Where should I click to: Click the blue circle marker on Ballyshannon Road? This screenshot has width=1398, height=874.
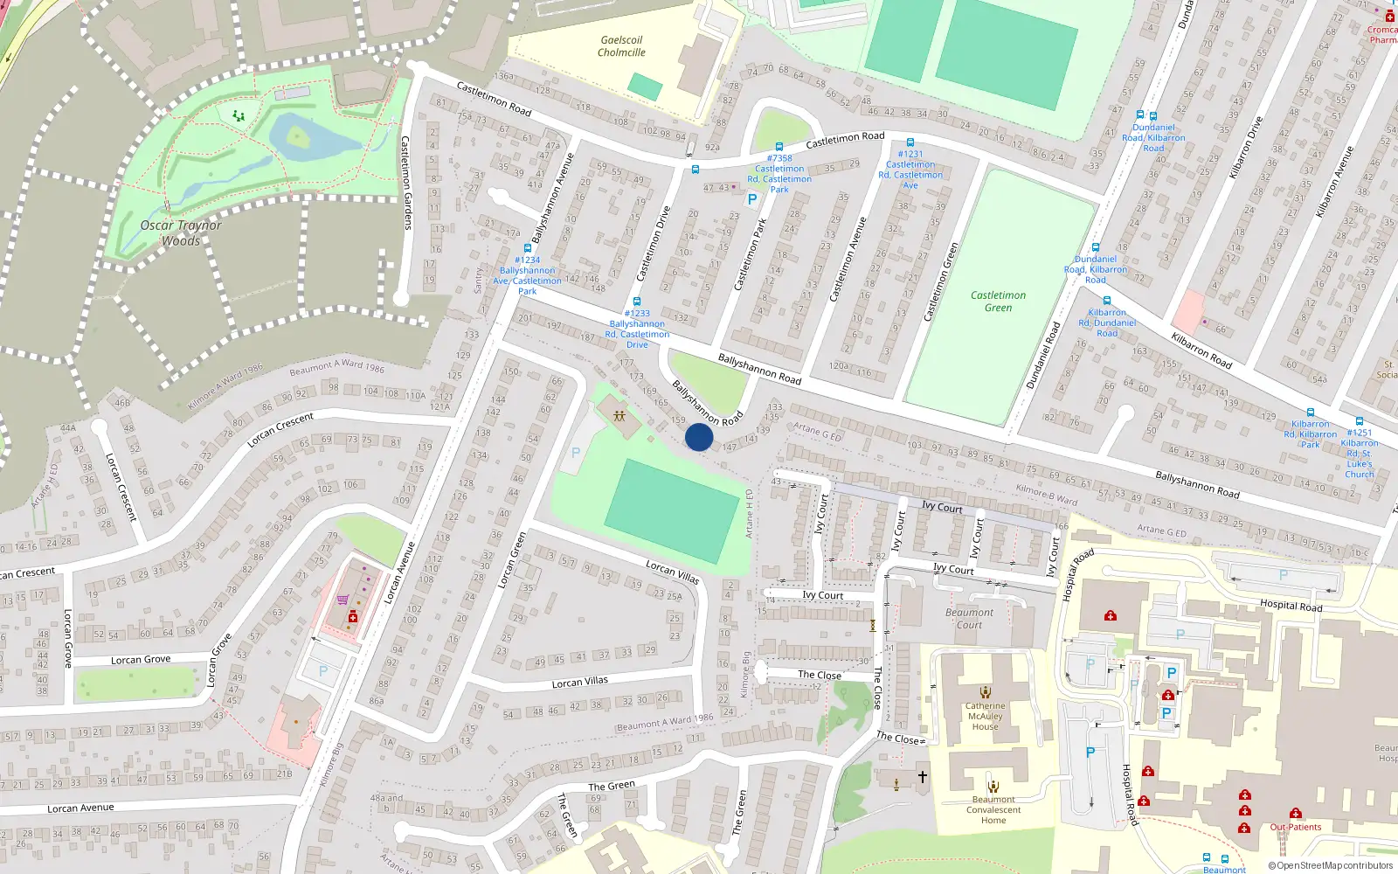(x=699, y=437)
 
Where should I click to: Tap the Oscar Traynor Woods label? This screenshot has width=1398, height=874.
(x=181, y=232)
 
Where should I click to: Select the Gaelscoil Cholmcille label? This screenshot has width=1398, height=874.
(x=621, y=46)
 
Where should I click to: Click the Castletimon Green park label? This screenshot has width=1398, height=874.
(x=998, y=301)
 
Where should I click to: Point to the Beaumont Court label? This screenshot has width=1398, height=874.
(x=969, y=618)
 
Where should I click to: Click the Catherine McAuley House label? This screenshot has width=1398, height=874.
(x=985, y=716)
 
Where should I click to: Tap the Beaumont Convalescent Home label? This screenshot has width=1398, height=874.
(x=993, y=809)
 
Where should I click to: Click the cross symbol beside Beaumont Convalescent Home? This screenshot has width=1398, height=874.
(x=922, y=776)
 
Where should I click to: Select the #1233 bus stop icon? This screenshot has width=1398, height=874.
(x=637, y=302)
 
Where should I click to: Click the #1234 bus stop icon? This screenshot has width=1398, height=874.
(x=528, y=248)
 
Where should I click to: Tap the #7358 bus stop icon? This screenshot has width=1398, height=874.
(x=779, y=147)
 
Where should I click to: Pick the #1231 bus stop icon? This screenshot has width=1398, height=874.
(x=910, y=142)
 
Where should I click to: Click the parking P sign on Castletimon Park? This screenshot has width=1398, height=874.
(x=752, y=199)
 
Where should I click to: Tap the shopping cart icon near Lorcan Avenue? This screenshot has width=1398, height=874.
(x=343, y=600)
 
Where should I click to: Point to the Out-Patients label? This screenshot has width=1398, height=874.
(x=1296, y=827)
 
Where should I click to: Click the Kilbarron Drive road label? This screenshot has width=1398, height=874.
(x=1246, y=148)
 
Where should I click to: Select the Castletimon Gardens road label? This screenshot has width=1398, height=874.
(x=405, y=183)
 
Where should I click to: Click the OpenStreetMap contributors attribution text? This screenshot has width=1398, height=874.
(x=1332, y=866)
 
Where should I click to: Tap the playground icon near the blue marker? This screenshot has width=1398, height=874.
(x=619, y=415)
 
